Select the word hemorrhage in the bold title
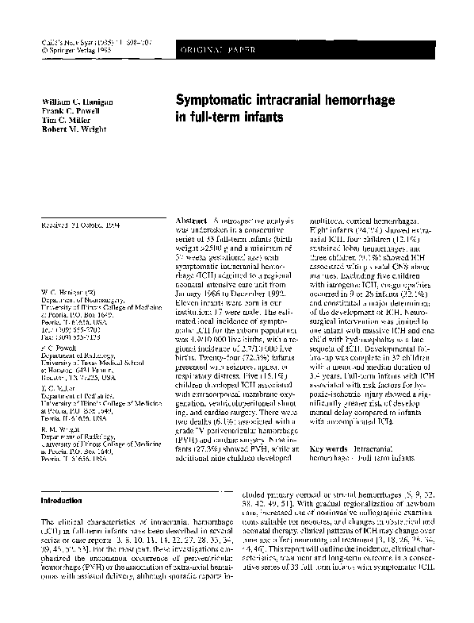387,102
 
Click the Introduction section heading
65,502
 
